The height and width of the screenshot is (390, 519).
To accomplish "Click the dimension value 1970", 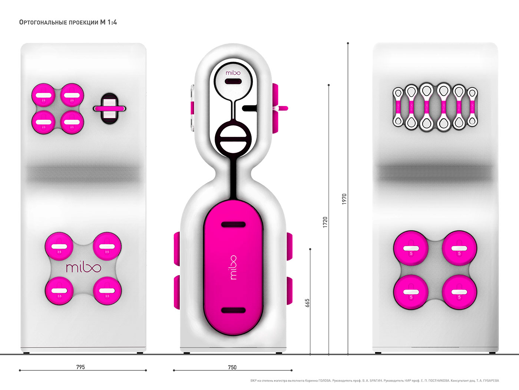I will pyautogui.click(x=344, y=199).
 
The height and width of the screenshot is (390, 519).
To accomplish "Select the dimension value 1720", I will pyautogui.click(x=325, y=222).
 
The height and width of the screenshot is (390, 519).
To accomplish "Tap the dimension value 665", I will pyautogui.click(x=307, y=303).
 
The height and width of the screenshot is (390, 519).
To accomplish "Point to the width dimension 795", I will pyautogui.click(x=80, y=367).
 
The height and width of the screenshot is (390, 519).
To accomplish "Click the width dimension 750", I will pyautogui.click(x=232, y=367).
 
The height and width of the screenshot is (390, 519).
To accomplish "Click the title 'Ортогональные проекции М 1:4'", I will pyautogui.click(x=68, y=22).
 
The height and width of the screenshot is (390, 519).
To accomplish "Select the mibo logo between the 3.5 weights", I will pyautogui.click(x=83, y=267).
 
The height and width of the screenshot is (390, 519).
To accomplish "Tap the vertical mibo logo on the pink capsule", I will pyautogui.click(x=233, y=267).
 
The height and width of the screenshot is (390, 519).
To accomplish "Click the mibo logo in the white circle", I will pyautogui.click(x=233, y=73).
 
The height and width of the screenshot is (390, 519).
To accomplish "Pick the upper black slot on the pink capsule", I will pyautogui.click(x=233, y=224).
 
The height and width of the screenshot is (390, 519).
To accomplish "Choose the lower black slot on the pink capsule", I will pyautogui.click(x=233, y=310).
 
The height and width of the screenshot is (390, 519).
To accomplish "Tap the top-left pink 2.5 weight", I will pyautogui.click(x=44, y=95).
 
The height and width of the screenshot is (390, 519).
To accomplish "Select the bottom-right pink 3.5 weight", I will pyautogui.click(x=107, y=291).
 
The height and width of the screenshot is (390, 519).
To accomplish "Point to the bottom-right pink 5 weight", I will pyautogui.click(x=459, y=292).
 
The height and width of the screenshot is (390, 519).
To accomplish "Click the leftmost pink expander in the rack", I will pyautogui.click(x=399, y=107).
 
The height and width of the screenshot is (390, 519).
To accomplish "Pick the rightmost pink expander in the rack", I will pyautogui.click(x=472, y=107).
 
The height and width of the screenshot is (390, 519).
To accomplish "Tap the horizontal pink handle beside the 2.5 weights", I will pyautogui.click(x=109, y=108).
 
